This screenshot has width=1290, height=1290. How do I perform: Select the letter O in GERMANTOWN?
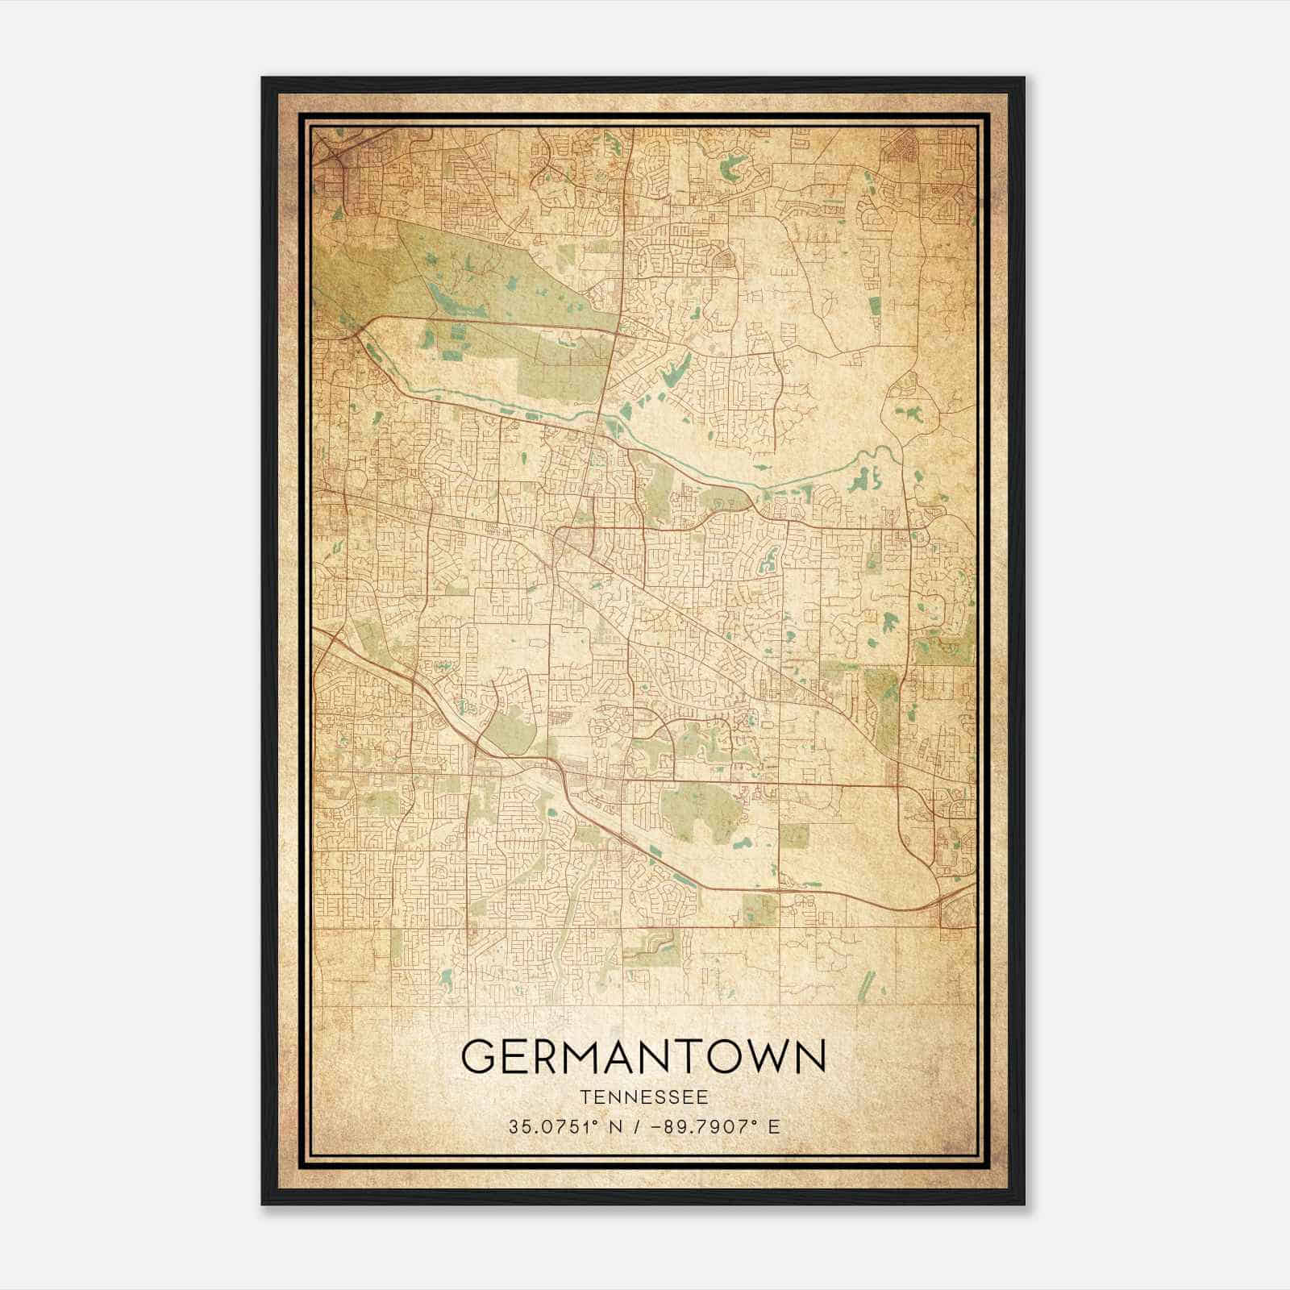(720, 1056)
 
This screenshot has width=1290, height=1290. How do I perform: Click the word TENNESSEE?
(644, 1097)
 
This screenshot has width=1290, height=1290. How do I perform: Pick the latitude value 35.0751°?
(548, 1127)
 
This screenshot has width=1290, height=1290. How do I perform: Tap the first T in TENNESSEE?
(584, 1097)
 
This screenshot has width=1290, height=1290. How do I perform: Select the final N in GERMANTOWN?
(810, 1056)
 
